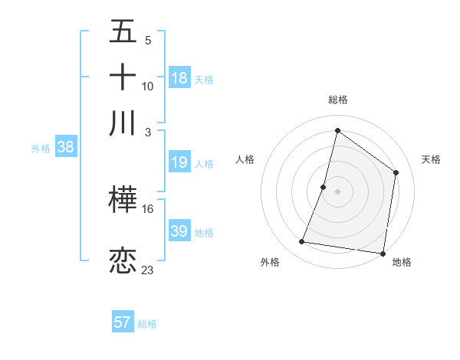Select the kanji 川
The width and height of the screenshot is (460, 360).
coord(123,123)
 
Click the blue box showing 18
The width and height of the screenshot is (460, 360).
coord(179,78)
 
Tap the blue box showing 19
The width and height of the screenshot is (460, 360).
coord(179,162)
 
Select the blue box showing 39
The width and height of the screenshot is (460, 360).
coord(179,231)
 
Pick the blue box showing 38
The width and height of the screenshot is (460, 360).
coord(65,148)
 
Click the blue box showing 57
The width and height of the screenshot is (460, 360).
coord(123,322)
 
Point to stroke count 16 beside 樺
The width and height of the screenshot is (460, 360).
coord(148,209)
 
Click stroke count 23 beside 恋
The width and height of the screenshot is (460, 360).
coord(148,270)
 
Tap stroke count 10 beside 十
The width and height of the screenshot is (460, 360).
coord(148,86)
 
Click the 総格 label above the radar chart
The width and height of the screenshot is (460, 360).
coord(337,100)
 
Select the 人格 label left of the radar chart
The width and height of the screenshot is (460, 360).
coord(245,159)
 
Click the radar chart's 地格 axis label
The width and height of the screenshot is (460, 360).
coord(402,262)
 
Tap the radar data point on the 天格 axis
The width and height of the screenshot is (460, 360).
coord(396,172)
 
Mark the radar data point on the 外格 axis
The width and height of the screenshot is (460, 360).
coord(302,242)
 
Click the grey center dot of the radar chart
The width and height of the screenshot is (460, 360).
coord(337,191)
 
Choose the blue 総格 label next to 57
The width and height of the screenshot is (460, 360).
coord(147,323)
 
